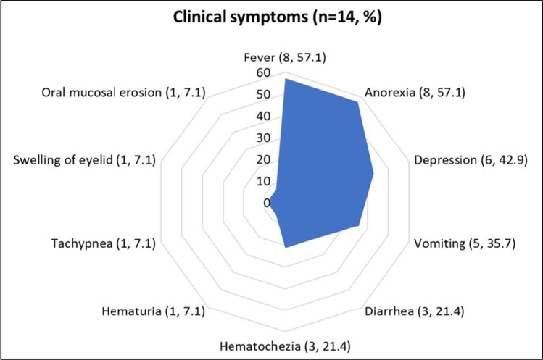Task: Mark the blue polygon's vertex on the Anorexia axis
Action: (357, 102)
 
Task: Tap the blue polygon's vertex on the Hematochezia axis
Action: (286, 248)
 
